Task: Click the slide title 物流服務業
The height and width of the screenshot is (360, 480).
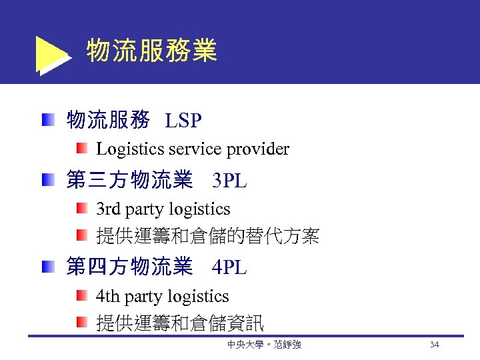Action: (x=152, y=51)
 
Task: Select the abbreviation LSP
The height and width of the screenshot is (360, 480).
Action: (x=183, y=121)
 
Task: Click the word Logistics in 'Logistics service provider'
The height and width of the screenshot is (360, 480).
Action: (x=128, y=149)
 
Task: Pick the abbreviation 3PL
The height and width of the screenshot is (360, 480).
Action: (x=229, y=180)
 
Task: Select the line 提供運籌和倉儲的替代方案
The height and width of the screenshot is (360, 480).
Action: (x=208, y=236)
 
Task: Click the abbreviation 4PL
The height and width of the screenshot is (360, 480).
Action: (x=229, y=267)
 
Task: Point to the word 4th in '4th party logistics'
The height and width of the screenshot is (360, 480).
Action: (x=108, y=297)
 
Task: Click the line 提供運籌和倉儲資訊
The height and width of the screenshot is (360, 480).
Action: (x=180, y=323)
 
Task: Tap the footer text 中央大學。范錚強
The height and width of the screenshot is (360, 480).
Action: (x=264, y=345)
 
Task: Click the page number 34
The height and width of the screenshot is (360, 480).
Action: (x=434, y=345)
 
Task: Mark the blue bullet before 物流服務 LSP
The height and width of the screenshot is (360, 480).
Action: (x=47, y=121)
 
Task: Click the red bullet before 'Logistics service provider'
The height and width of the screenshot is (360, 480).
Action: (x=81, y=148)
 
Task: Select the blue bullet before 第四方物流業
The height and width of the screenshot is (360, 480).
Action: (x=47, y=267)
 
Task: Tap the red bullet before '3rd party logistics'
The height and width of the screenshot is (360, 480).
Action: (x=81, y=209)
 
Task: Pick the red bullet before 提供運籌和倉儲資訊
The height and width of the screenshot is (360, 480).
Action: (x=81, y=323)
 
